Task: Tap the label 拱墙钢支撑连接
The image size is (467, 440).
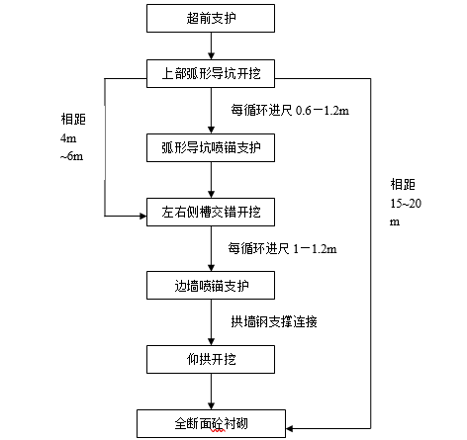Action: click(x=274, y=321)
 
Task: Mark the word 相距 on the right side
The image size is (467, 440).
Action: click(x=403, y=184)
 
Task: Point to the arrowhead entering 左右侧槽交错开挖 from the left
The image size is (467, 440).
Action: click(x=140, y=213)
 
